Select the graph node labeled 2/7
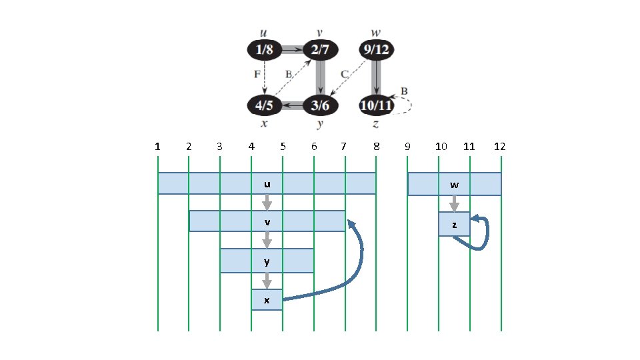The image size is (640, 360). pos(320,49)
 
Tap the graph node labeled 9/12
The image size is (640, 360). pos(376,49)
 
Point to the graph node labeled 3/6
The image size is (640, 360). pos(320,105)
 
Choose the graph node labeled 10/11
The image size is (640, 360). pos(376,105)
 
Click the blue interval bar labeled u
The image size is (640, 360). pos(267,183)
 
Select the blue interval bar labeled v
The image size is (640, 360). pos(267,221)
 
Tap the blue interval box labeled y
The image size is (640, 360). pos(267,261)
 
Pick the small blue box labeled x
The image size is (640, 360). pos(267,300)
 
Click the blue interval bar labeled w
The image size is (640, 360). pos(454,184)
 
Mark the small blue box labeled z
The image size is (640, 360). pos(454,225)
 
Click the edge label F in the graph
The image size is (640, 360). pos(257,75)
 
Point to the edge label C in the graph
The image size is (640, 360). pos(345,75)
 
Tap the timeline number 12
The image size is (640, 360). pos(500,146)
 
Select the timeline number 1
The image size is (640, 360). pos(157,146)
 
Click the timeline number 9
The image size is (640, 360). pos(407,146)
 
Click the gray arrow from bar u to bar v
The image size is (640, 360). pos(267,202)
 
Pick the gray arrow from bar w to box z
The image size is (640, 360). pos(454,203)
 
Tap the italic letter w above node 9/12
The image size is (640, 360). pos(376,33)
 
